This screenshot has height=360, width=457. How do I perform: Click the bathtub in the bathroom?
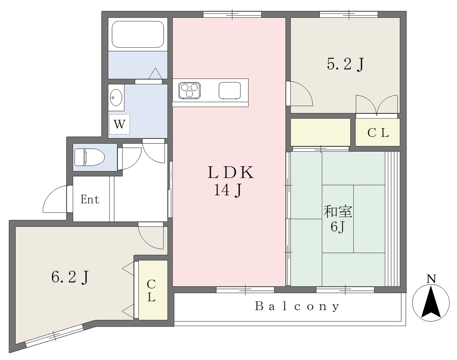[138, 34]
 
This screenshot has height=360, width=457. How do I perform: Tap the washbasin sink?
[116, 98]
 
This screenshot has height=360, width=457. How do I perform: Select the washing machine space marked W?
[119, 124]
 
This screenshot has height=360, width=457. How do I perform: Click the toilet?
[89, 157]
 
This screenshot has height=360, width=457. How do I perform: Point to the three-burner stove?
[190, 90]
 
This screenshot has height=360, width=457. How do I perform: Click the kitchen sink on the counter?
[230, 90]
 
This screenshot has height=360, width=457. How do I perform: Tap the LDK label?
[231, 173]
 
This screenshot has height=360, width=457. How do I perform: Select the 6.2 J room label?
[70, 277]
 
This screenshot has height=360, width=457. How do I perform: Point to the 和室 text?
[338, 212]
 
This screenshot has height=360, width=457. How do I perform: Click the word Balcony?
[298, 306]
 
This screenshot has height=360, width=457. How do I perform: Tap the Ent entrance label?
[90, 199]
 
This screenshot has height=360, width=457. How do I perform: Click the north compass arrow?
[431, 302]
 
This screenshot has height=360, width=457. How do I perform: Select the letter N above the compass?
[431, 279]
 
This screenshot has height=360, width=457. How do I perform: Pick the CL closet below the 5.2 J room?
[378, 132]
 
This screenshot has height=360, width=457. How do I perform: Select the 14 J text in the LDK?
[228, 190]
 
